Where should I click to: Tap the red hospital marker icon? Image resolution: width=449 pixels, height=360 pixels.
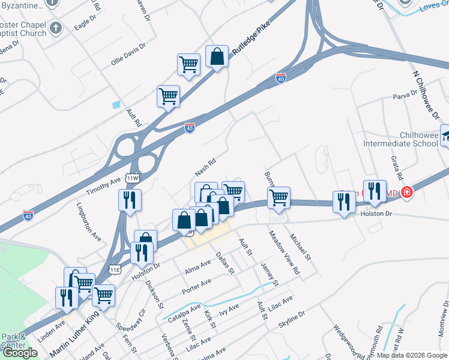pyautogui.click(x=407, y=193)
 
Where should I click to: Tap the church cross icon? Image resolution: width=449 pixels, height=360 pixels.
pyautogui.click(x=55, y=28)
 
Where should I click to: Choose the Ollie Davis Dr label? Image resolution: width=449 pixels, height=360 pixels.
pyautogui.click(x=128, y=55)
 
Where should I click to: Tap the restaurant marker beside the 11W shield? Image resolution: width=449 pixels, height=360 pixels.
pyautogui.click(x=130, y=200)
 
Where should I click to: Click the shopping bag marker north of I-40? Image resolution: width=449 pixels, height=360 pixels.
pyautogui.click(x=217, y=56)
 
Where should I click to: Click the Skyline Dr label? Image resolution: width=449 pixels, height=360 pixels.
pyautogui.click(x=292, y=319)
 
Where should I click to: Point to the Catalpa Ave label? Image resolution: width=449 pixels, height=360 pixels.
pyautogui.click(x=184, y=314)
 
